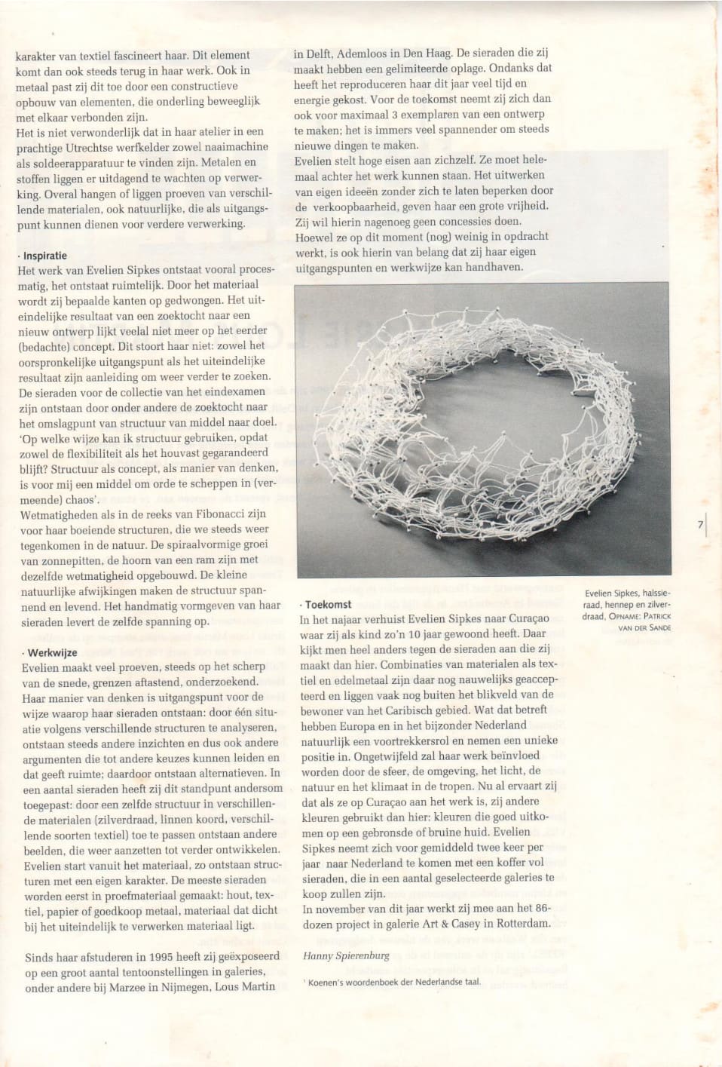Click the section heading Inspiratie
(x=44, y=256)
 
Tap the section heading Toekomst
(x=328, y=604)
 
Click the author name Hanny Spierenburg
(x=346, y=955)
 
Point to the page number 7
(x=700, y=525)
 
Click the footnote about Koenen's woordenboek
(x=393, y=982)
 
